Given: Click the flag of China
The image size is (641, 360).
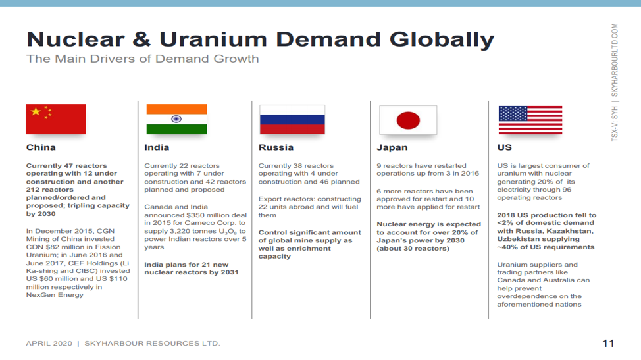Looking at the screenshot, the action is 56,119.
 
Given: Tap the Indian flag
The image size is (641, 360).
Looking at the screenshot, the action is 176,119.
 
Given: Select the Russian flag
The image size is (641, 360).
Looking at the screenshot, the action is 292,119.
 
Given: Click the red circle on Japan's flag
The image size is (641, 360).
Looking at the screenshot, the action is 408,120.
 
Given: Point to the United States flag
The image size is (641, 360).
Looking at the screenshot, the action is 530,120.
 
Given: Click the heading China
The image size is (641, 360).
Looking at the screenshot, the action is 41,147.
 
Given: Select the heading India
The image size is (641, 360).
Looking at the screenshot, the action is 157,147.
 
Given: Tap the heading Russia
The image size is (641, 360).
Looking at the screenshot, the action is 276,147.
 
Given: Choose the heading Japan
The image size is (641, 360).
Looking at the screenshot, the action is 392,147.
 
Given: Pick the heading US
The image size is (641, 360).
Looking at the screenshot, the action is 505,147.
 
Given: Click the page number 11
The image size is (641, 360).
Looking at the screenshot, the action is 608,344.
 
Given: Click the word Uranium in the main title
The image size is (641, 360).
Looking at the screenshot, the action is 213,39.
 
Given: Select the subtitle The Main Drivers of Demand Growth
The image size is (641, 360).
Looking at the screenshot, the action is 143,59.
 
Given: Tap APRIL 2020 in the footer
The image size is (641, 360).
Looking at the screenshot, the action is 49,344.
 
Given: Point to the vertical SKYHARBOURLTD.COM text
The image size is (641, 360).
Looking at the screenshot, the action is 615,60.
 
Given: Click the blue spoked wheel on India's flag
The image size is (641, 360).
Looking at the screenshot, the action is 176,119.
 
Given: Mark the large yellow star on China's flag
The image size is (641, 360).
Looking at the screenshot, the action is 36,111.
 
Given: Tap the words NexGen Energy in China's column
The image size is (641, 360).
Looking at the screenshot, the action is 55,295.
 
